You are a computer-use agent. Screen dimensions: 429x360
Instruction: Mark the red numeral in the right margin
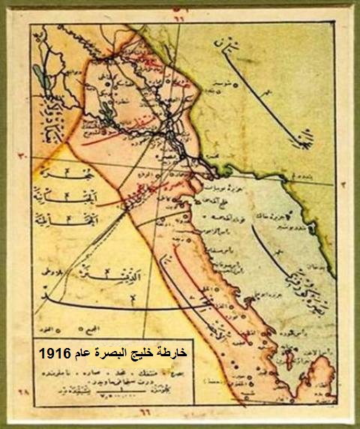[342, 183]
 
